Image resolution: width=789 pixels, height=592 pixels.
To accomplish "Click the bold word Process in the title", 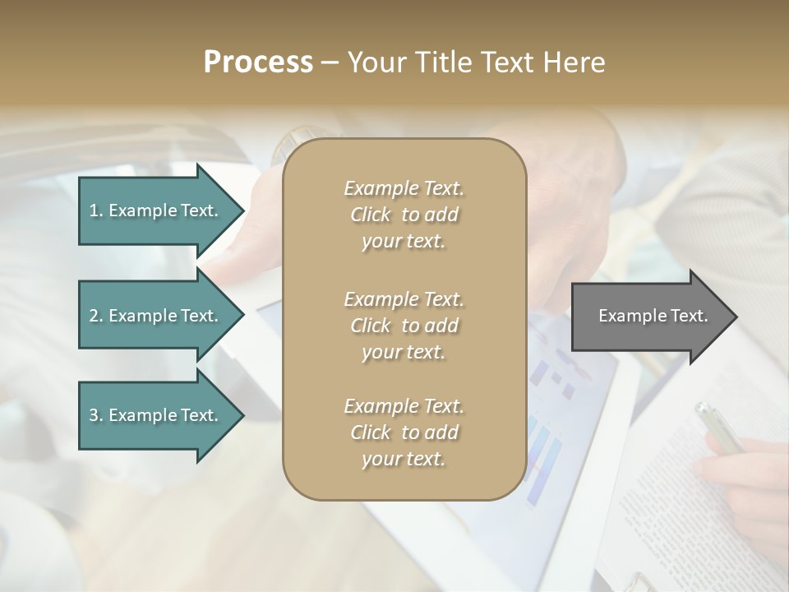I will (258, 62).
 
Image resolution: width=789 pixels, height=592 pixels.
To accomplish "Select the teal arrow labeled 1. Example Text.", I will (156, 210).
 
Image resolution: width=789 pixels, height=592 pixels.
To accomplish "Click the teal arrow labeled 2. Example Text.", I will (156, 316).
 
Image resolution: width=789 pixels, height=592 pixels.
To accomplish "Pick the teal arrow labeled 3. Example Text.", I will (156, 415).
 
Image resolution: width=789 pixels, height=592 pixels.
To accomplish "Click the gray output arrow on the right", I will (649, 316).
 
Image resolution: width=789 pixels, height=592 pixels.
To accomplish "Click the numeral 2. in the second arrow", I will (96, 316).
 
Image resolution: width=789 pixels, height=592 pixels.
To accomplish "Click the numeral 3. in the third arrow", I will (96, 415).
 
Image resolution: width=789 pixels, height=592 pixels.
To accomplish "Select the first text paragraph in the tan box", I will (404, 215).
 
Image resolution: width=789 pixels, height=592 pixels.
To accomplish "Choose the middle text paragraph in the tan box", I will (404, 325).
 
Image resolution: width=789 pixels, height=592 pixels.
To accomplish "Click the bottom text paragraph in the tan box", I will (404, 432).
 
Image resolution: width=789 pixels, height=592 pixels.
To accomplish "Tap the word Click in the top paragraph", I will (371, 215).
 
